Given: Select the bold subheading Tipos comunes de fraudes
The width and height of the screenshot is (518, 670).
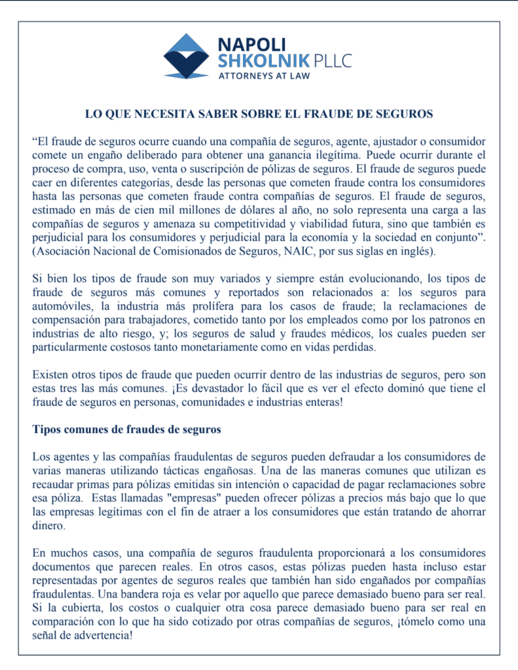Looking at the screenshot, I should point(126,430).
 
